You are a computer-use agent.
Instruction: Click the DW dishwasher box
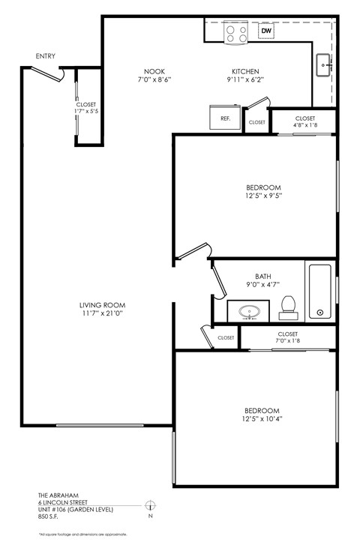point(265,31)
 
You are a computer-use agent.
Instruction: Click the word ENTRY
point(45,56)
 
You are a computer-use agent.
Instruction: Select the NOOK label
point(154,73)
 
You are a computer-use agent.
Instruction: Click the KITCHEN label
point(245,73)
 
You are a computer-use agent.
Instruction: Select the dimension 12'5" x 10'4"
point(262,420)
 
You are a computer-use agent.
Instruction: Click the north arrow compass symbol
point(150,506)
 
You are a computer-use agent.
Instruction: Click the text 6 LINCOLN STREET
point(63,502)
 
